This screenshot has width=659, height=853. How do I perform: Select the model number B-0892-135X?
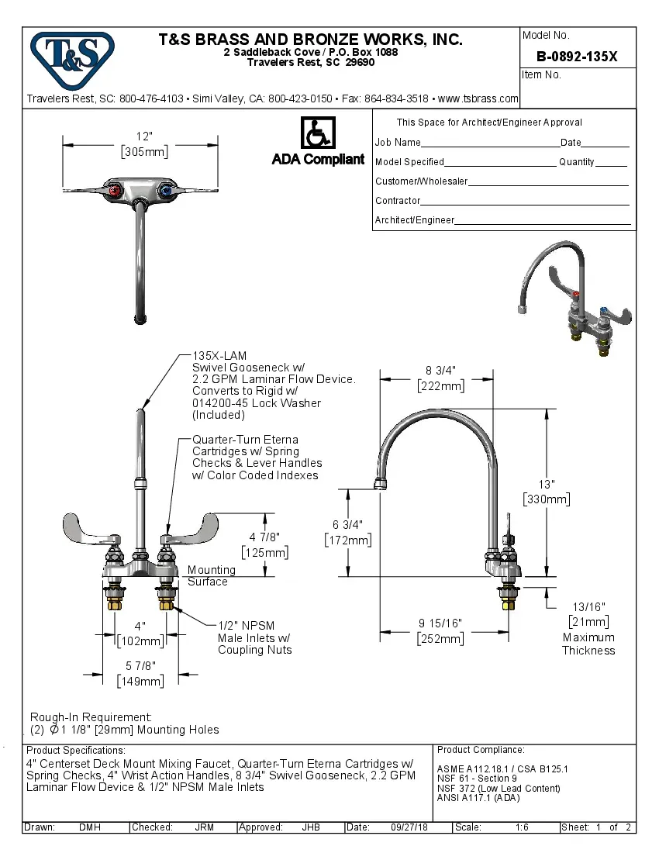coord(577,56)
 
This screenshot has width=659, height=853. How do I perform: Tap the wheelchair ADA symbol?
coord(317,133)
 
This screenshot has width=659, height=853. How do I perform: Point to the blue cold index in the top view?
coord(166,191)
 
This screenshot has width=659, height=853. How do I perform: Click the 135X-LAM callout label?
coord(214,355)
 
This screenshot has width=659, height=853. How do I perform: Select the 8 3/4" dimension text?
coord(440,370)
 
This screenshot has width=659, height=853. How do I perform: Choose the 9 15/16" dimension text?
coord(440,623)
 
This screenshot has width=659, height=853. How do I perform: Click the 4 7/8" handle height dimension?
coord(264,536)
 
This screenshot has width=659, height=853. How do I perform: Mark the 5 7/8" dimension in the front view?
coord(140,665)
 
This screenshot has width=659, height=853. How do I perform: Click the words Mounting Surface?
coord(208,575)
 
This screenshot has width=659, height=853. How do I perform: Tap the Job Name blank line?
coord(490,143)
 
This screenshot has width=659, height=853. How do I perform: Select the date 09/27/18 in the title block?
coord(409,827)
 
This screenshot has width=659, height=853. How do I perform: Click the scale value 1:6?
coord(522,827)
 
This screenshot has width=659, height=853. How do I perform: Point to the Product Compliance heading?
coord(481,750)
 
